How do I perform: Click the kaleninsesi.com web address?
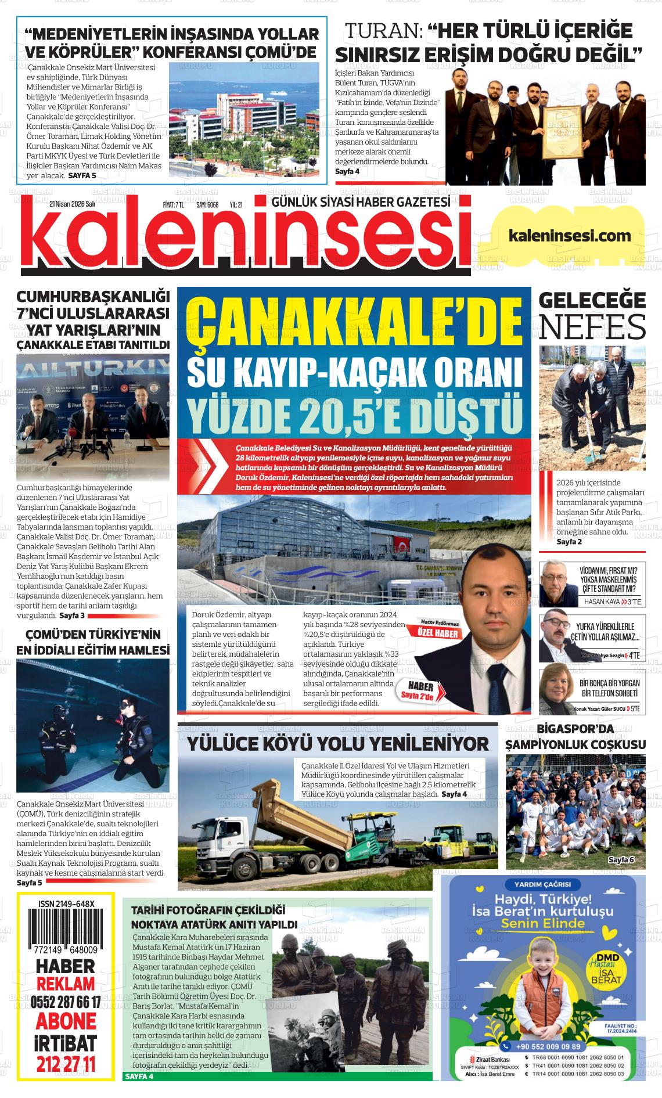click(569, 236)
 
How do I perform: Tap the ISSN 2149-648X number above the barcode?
click(66, 904)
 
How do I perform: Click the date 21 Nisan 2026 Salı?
click(72, 204)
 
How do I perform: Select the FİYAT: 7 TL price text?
click(173, 204)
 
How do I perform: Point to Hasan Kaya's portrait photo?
click(558, 584)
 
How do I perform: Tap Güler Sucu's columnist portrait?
click(558, 692)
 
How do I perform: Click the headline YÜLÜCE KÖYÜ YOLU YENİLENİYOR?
click(337, 743)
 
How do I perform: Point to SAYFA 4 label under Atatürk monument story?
click(139, 1076)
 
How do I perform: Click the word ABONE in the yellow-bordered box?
click(66, 1021)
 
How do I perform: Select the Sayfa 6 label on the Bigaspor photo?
click(621, 859)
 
